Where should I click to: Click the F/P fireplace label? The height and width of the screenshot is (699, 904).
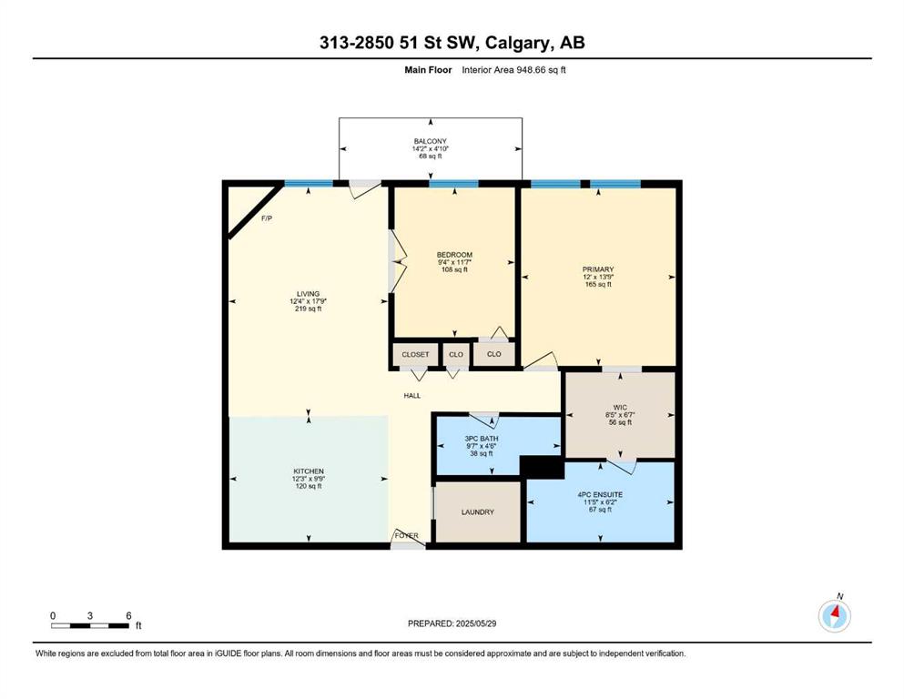point(267,218)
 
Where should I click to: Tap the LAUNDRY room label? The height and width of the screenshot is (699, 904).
point(477,512)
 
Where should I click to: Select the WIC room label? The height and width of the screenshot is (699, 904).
point(620,407)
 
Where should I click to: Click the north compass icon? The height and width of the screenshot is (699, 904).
point(834,616)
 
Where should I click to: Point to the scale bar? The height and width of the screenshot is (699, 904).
point(90,625)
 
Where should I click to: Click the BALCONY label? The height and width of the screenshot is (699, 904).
point(430,141)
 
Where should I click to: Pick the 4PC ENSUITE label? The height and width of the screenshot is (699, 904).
point(600,494)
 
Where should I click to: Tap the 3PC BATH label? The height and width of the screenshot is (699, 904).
point(482,439)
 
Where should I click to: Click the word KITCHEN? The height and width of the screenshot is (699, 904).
point(309,471)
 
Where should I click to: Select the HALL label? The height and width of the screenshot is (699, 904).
point(412,395)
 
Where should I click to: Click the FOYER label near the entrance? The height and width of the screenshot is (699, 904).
point(406,536)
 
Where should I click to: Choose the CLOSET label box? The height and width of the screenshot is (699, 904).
point(415,354)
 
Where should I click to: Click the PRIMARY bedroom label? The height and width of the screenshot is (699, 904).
point(598,269)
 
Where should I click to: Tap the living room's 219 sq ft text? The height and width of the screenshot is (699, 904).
point(309,309)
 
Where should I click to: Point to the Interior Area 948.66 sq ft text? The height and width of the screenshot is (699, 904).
point(513,70)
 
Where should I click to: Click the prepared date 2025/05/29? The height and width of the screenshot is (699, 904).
point(475,623)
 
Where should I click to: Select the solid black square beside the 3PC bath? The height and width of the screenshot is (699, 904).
point(542,467)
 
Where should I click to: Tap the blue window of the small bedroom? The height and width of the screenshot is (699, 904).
point(453,184)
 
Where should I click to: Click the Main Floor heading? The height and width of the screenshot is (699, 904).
point(428,70)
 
